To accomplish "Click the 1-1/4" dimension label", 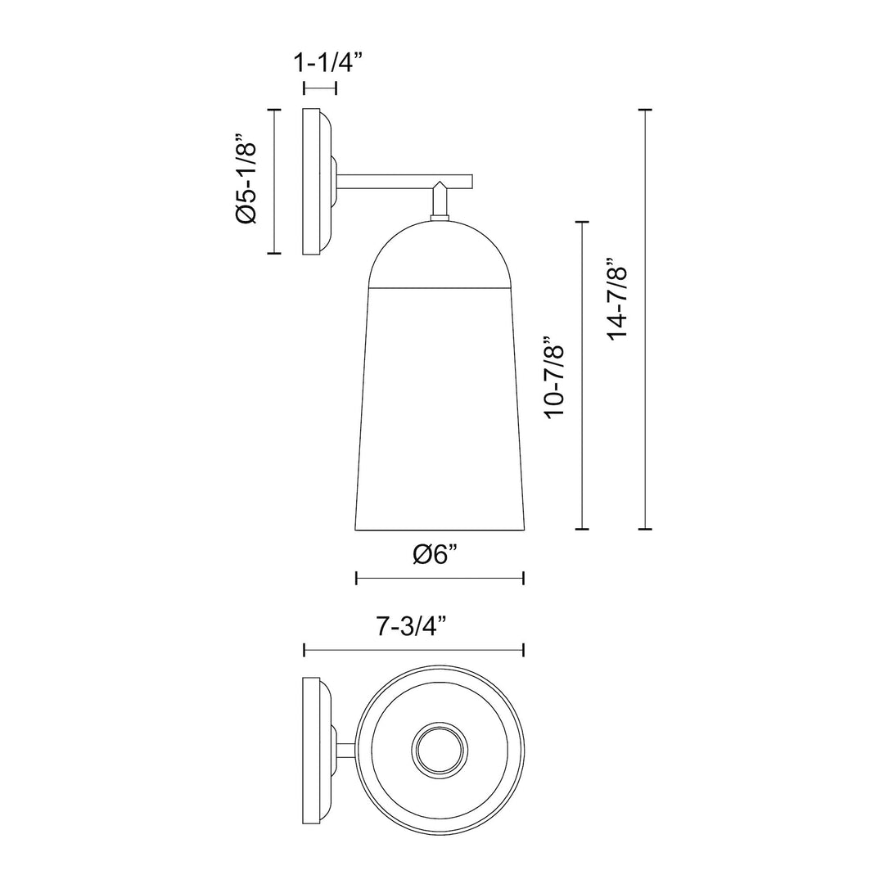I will tap(322, 63).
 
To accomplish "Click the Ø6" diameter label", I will tap(439, 554).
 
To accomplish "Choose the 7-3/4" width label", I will tap(413, 627).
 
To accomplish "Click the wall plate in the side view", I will tap(311, 181).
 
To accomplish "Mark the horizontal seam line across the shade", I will tap(440, 288).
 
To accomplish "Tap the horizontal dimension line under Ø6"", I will tap(440, 579).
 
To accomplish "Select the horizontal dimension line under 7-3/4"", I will tap(413, 650).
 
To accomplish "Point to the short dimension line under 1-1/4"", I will tap(319, 88).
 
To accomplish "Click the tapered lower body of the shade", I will tap(440, 409).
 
